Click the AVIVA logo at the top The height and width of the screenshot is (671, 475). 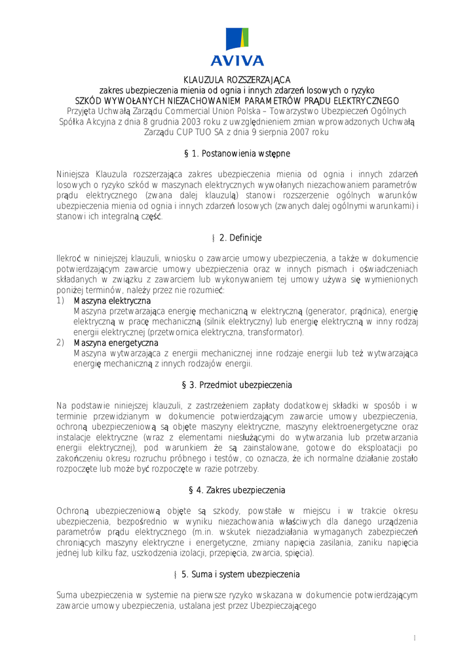(237, 47)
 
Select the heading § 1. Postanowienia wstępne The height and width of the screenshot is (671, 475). (237, 153)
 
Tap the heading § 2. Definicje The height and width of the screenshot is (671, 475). (237, 237)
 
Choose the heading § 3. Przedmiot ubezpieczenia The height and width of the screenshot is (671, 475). (237, 385)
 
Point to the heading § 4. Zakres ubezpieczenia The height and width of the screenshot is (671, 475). (237, 490)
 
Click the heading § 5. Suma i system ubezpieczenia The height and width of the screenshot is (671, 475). (237, 575)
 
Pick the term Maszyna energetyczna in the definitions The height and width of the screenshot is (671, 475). (115, 343)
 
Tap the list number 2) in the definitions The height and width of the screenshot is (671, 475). (60, 343)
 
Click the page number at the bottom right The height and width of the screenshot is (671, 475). (415, 638)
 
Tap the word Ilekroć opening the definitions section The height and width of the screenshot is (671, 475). (71, 258)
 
